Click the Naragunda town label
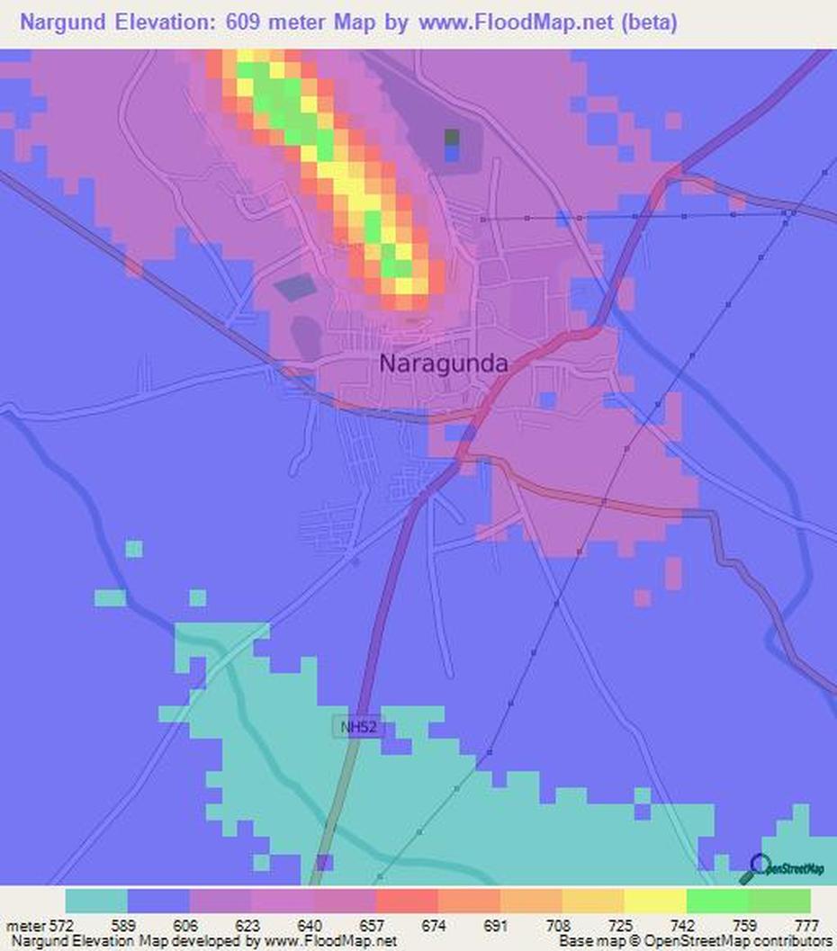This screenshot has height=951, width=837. [444, 363]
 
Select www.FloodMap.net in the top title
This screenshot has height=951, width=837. [515, 23]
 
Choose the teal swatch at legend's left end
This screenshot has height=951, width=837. [96, 901]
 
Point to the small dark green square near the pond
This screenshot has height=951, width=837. [452, 137]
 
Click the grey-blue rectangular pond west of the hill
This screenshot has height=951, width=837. [294, 288]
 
